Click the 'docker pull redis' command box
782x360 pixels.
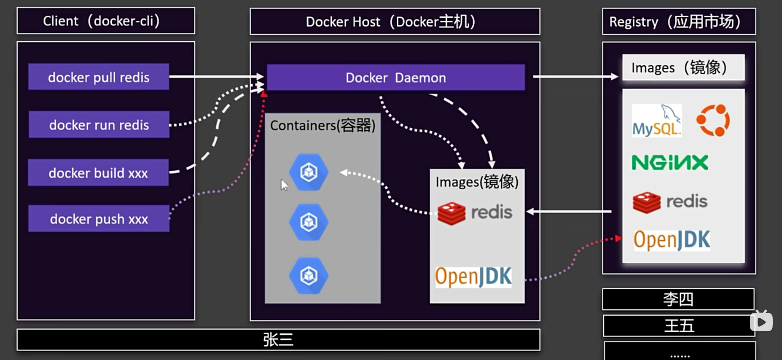(99, 77)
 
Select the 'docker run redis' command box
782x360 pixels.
(99, 124)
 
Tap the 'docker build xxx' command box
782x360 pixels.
(98, 172)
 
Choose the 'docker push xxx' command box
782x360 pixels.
(99, 218)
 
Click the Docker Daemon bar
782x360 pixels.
(396, 77)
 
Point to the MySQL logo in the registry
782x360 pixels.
(657, 121)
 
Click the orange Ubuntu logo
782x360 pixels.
(713, 121)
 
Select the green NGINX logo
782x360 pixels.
(670, 162)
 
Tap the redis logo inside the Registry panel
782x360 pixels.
(670, 202)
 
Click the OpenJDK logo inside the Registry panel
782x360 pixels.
(672, 240)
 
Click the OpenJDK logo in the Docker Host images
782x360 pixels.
(473, 277)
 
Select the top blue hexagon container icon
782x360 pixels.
(309, 172)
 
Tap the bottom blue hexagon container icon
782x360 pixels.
(309, 276)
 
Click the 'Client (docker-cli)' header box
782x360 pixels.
(106, 21)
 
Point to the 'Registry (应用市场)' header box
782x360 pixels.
(679, 21)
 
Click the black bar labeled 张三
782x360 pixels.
(278, 340)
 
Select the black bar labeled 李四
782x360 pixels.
(678, 299)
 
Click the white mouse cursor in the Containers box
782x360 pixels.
(284, 185)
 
